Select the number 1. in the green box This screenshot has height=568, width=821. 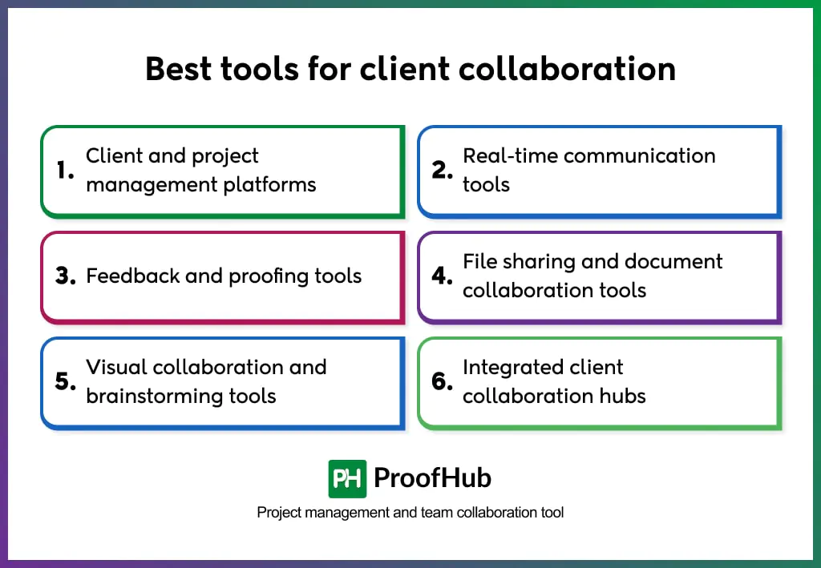pyautogui.click(x=65, y=170)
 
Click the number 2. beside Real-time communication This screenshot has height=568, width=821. pyautogui.click(x=443, y=170)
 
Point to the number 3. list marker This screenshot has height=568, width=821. pyautogui.click(x=66, y=276)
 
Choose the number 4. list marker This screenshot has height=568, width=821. pyautogui.click(x=443, y=276)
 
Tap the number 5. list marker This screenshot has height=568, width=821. pyautogui.click(x=66, y=382)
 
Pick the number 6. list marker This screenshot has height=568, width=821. pyautogui.click(x=443, y=382)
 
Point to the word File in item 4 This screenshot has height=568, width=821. pyautogui.click(x=479, y=261)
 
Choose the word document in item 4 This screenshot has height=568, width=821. pyautogui.click(x=673, y=261)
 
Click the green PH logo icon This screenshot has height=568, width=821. pyautogui.click(x=347, y=479)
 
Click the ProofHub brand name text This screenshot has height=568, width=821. pyautogui.click(x=432, y=479)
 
